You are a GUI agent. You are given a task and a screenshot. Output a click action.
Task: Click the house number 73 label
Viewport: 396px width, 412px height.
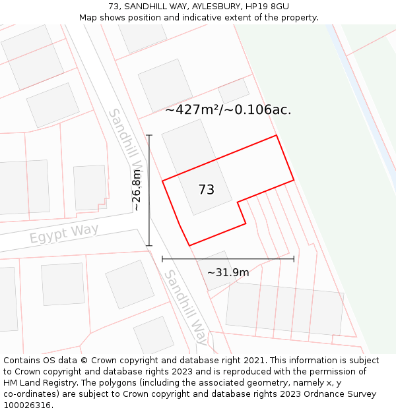pos(207,190)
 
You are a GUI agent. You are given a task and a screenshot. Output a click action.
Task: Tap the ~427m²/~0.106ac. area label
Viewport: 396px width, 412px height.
pos(228,110)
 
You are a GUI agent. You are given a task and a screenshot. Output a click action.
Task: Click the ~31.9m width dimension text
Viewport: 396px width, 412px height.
pos(228,272)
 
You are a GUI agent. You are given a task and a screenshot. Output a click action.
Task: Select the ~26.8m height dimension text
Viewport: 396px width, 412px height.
pos(137,190)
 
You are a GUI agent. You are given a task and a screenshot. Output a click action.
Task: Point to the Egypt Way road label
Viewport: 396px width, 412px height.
pos(64,233)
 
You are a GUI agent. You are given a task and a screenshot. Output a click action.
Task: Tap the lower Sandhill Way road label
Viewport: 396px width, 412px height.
pos(186,307)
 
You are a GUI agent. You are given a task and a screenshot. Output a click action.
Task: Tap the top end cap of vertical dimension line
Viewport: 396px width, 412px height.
pos(149,136)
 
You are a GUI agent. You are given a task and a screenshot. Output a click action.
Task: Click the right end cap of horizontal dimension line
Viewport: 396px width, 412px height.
pos(294,259)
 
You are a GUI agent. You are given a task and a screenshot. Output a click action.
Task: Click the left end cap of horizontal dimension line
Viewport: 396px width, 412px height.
pos(162,259)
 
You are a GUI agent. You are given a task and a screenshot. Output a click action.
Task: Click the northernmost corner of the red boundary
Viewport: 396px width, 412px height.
pos(276,136)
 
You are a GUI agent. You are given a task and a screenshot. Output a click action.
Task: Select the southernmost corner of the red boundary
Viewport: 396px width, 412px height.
pos(190,246)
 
